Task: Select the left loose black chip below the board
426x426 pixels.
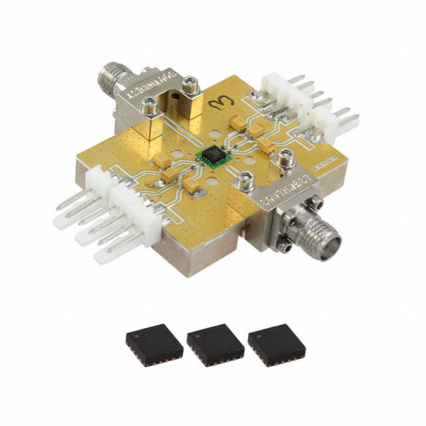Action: pos(154,343)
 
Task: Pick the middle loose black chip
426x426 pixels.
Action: pos(215,343)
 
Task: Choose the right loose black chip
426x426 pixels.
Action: pos(275,343)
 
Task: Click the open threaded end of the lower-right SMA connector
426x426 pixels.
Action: pos(331,239)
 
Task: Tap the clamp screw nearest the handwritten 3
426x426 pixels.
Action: pos(191,84)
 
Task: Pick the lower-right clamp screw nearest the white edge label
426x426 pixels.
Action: pos(286,158)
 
